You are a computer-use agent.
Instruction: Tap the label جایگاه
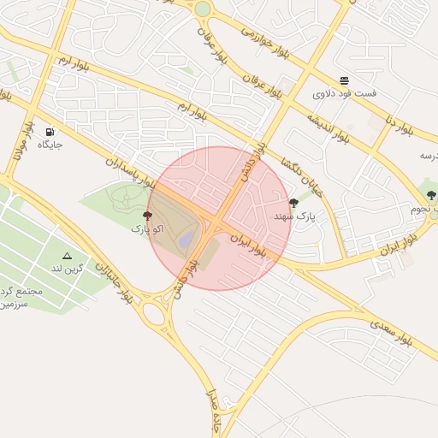coord(50,145)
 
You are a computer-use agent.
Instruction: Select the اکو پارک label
coord(147,229)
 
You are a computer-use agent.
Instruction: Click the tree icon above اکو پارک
coord(147,216)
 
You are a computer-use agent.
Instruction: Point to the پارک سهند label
coord(294,216)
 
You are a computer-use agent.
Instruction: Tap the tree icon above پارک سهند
coord(294,203)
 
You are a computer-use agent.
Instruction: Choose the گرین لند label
coord(68,269)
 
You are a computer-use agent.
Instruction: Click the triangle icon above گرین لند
coord(68,255)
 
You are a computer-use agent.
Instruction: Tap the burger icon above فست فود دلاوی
coord(344,80)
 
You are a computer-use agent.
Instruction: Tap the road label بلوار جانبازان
coord(113,283)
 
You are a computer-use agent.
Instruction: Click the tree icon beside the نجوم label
coord(429,195)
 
